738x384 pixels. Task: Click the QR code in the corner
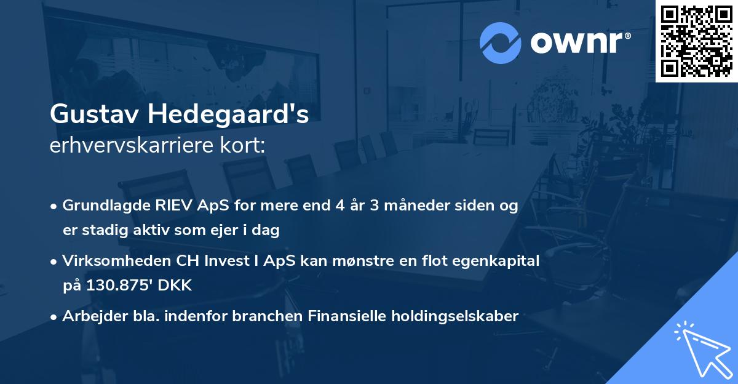pyautogui.click(x=696, y=41)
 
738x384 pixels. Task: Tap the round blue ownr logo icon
pyautogui.click(x=501, y=42)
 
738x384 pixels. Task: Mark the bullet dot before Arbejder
pyautogui.click(x=54, y=317)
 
